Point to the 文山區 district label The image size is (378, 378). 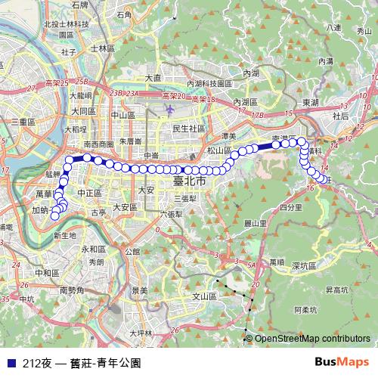[x=206, y=297]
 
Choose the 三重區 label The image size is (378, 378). [x=23, y=121]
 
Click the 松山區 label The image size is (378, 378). [x=218, y=150]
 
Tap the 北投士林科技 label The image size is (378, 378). [x=67, y=23]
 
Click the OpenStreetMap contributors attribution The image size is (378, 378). [x=312, y=339]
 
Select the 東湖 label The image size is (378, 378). [x=310, y=101]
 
